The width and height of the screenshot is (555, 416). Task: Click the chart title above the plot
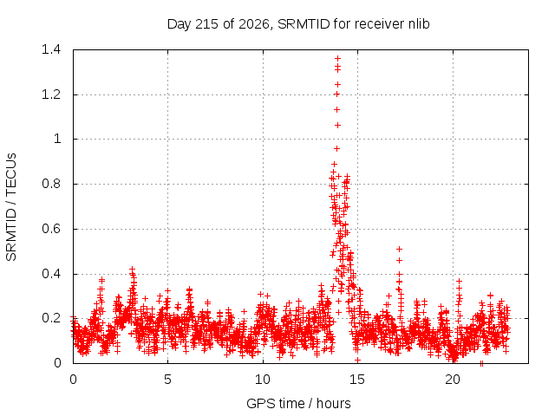point(298,24)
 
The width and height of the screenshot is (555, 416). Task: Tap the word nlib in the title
point(419,23)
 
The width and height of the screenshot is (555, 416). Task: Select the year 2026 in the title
point(254,24)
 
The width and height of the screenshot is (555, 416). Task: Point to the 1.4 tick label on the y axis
point(51,49)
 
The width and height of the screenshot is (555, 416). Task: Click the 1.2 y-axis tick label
point(51,94)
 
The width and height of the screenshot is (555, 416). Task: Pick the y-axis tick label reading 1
point(57,139)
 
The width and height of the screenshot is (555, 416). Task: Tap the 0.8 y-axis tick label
point(51,184)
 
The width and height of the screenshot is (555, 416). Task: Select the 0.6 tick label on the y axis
point(51,229)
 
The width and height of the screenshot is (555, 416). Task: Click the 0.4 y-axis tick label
point(51,274)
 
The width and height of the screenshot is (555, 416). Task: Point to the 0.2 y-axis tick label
point(51,318)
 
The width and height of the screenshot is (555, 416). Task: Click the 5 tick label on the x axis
point(167,380)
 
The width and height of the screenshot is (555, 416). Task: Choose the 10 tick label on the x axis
point(263,380)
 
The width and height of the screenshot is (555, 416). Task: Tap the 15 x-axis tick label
point(357,380)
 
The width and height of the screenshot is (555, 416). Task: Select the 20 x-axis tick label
point(453,380)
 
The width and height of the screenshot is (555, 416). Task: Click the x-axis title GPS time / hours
point(298,403)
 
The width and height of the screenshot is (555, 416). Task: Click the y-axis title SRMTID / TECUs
point(11,207)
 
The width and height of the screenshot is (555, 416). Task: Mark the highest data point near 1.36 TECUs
point(337,58)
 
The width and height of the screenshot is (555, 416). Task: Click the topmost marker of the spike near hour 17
point(399,249)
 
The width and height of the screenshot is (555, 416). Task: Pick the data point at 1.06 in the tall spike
point(337,125)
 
